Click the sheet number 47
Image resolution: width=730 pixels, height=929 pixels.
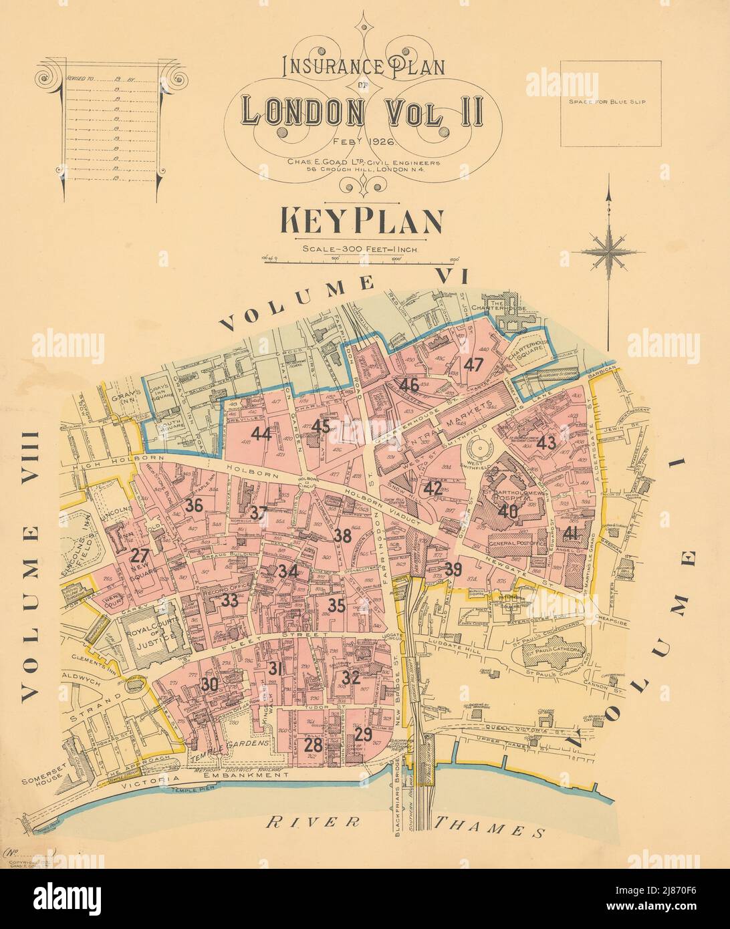click(473, 365)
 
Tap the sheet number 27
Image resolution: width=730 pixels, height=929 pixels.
click(140, 556)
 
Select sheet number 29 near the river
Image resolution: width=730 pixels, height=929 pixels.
click(363, 735)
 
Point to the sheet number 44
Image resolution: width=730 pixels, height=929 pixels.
click(261, 434)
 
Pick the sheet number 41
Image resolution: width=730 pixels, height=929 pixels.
click(570, 533)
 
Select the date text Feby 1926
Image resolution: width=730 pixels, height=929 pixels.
click(364, 142)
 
